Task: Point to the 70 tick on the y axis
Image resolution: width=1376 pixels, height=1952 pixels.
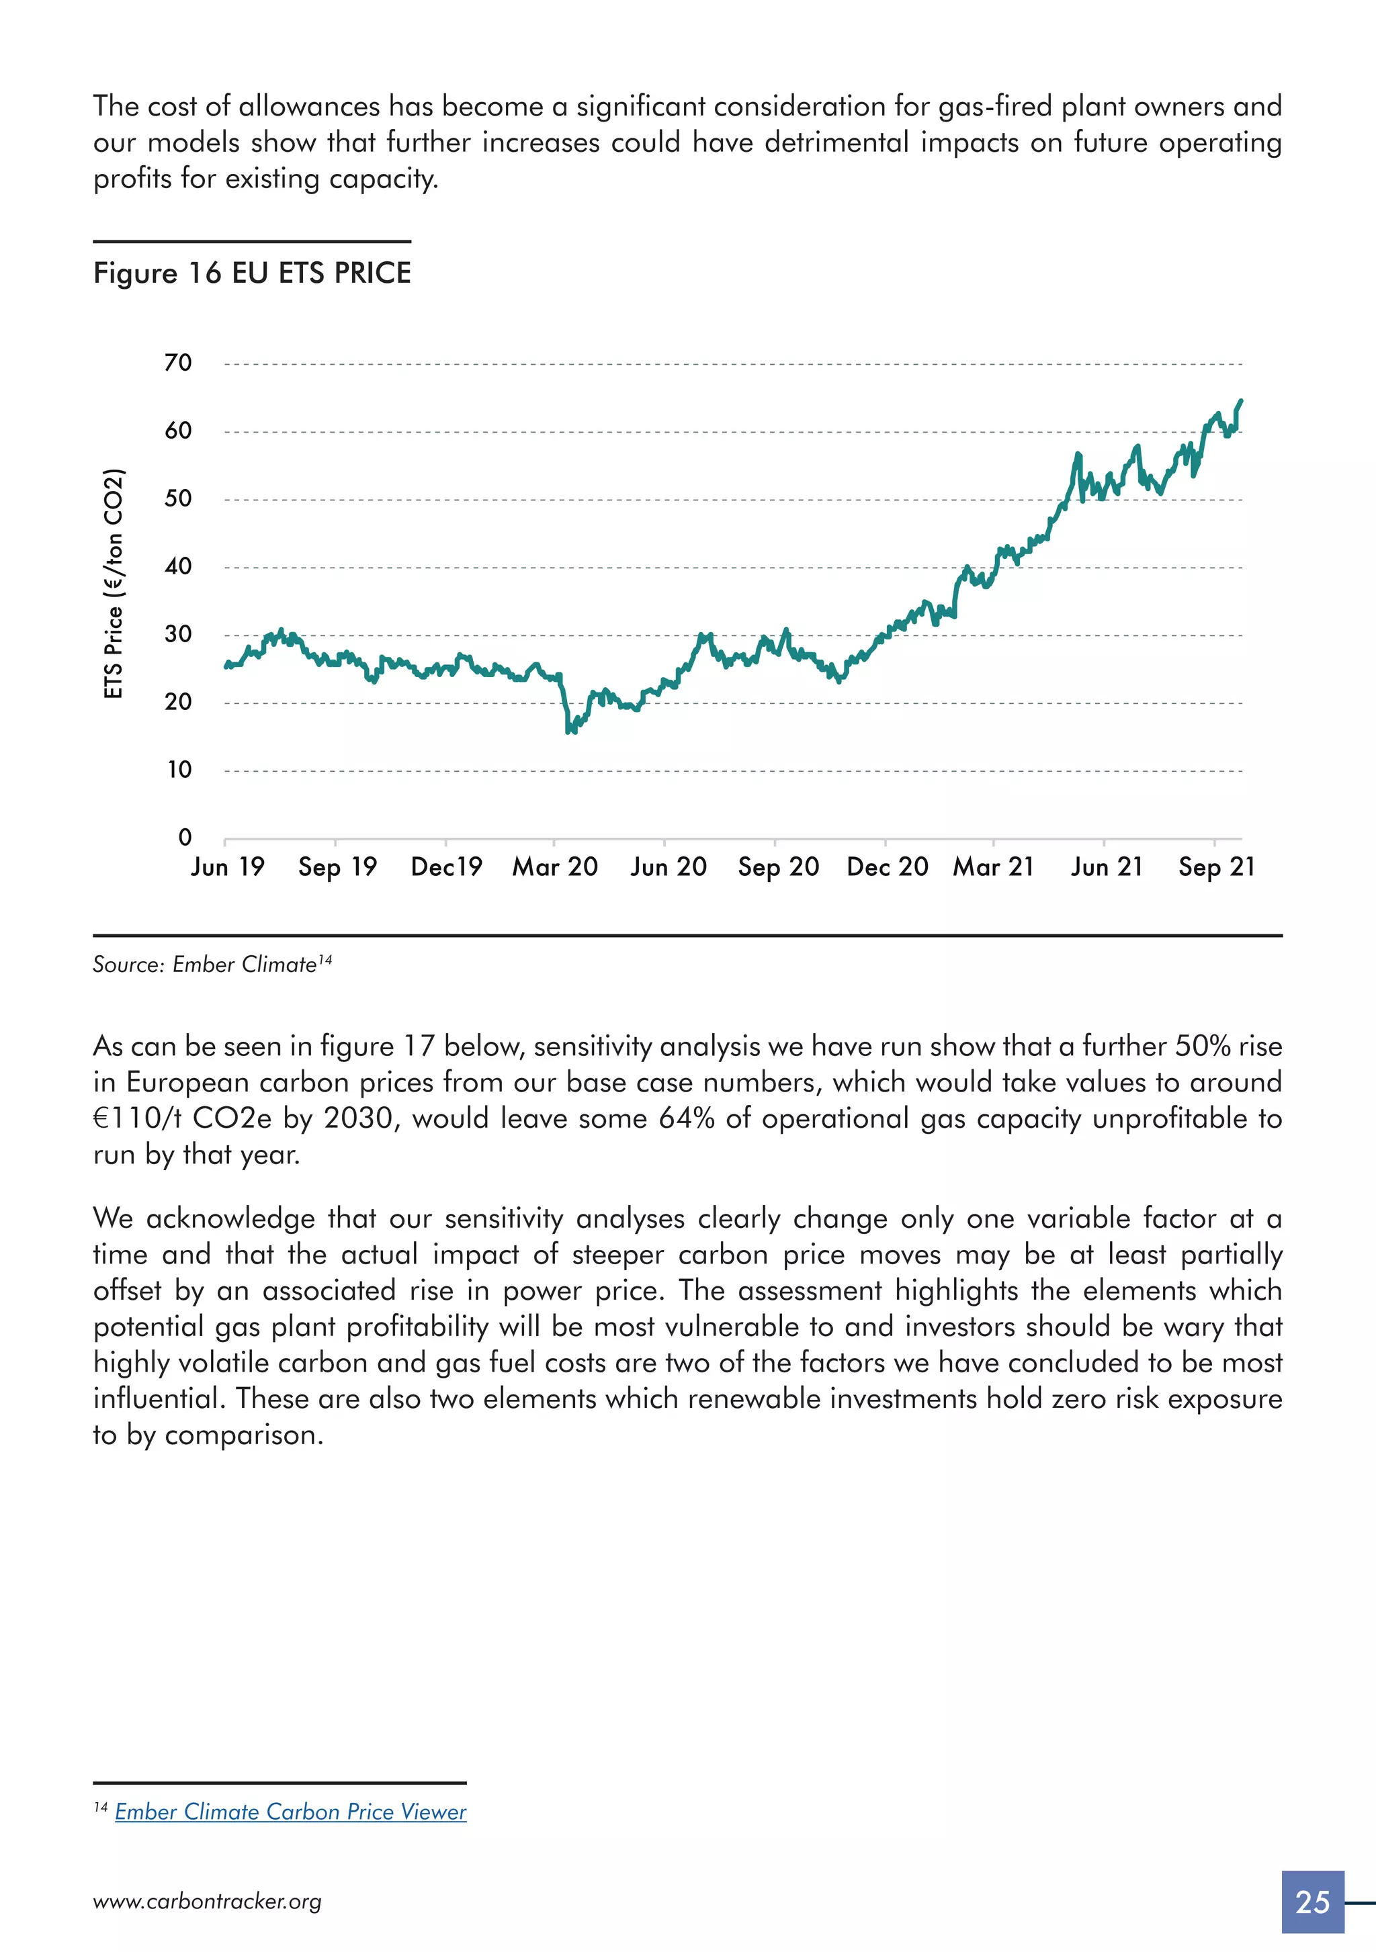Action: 179,363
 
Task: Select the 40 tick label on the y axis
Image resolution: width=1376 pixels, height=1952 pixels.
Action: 179,566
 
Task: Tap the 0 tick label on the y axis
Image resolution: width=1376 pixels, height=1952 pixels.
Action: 185,838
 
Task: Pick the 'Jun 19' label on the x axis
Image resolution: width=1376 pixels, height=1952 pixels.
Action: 228,867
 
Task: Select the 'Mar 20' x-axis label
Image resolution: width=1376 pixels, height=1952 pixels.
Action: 554,867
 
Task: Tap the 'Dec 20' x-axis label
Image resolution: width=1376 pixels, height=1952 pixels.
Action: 887,867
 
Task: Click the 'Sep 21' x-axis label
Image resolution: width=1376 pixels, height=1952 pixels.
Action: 1216,867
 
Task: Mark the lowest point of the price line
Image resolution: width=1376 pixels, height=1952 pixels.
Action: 570,730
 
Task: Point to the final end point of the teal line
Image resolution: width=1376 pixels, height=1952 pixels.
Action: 1241,400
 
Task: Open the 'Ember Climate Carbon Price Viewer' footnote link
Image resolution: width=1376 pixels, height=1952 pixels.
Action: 290,1812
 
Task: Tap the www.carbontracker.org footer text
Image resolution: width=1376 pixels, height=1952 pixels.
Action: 208,1902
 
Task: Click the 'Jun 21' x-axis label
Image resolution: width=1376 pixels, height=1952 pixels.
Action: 1105,867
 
